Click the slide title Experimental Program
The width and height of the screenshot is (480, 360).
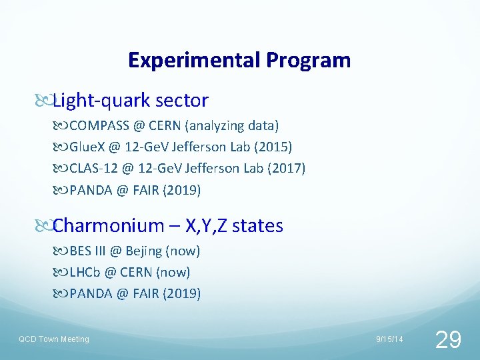point(239,60)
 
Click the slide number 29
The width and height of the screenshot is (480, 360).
point(447,339)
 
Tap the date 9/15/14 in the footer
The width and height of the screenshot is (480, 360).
point(389,339)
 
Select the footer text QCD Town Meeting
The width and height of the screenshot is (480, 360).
point(53,339)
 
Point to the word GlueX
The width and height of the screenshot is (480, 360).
point(87,147)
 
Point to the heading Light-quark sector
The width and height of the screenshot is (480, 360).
point(131,101)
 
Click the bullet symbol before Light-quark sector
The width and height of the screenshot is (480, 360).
point(43,101)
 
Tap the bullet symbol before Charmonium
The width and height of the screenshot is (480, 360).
point(43,227)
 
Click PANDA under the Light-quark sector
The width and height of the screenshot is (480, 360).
point(91,190)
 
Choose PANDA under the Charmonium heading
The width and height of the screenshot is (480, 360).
point(91,293)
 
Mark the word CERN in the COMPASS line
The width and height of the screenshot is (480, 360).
point(165,125)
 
